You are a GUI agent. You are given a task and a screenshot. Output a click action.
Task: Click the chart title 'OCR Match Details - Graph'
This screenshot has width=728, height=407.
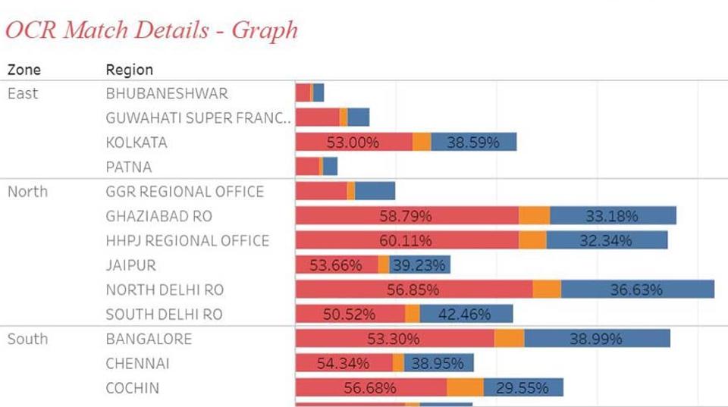[x=152, y=30]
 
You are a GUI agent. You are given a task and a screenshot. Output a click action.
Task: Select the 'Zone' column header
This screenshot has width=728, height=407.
[x=24, y=70]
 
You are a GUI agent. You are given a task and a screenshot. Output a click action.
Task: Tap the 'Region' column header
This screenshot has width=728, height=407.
[x=129, y=70]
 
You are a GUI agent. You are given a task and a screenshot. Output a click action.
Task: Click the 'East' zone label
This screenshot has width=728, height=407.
[x=22, y=93]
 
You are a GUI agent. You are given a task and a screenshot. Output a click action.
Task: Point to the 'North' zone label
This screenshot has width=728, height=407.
[x=27, y=192]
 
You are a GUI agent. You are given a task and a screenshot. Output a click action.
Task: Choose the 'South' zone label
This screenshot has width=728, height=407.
[x=27, y=339]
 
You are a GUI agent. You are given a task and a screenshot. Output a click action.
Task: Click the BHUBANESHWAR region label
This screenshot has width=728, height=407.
[x=167, y=93]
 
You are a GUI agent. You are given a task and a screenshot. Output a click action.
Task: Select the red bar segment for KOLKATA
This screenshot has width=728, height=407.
[x=353, y=142]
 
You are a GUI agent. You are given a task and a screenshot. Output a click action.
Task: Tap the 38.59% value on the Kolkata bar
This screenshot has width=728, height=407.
[x=472, y=142]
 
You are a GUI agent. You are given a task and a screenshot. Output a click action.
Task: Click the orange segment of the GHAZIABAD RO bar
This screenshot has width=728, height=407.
[x=535, y=216]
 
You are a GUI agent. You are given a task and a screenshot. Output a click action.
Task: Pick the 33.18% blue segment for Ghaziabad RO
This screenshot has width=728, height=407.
[x=612, y=216]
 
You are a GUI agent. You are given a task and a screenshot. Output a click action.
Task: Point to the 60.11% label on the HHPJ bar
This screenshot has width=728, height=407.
[x=406, y=241]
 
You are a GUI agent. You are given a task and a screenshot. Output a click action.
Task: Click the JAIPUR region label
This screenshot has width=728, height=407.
[x=131, y=265]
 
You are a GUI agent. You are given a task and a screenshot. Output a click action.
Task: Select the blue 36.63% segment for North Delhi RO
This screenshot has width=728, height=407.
[x=637, y=290]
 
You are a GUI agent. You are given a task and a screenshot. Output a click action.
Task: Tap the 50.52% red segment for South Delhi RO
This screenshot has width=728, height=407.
[x=350, y=314]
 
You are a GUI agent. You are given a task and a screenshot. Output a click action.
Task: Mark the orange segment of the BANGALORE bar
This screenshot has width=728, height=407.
[x=509, y=339]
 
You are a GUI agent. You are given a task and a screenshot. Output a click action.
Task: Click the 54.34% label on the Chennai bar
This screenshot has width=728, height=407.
[x=344, y=364]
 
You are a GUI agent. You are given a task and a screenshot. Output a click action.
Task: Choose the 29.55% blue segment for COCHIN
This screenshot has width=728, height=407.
[x=522, y=388]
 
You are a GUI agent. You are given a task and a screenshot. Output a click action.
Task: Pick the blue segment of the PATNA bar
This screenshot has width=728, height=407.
[x=330, y=167]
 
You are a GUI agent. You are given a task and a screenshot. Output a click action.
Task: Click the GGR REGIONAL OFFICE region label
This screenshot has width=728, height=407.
[x=185, y=192]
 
